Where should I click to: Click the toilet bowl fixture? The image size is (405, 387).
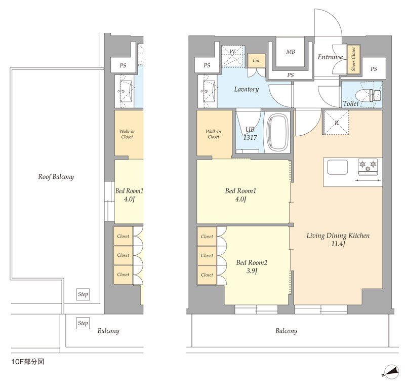369,95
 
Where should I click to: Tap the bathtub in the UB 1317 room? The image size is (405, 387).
277,132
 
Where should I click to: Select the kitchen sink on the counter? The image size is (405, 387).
337,167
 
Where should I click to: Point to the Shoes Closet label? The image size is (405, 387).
353,59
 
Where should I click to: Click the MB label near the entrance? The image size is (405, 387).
291,52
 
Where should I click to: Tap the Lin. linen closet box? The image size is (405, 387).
256,61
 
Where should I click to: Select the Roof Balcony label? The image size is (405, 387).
56,177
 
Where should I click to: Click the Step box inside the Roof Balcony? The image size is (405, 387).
83,294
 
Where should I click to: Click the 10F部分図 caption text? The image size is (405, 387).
28,362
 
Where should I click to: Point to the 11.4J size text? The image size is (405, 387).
338,244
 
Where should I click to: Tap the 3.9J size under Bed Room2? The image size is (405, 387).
251,271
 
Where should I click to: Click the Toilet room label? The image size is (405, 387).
351,104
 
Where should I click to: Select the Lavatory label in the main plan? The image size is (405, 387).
247,90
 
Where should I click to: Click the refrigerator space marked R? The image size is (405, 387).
336,123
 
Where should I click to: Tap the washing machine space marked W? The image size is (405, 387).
232,57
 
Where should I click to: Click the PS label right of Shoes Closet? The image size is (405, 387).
374,69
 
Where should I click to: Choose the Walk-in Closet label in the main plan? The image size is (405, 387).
213,134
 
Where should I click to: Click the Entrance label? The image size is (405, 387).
330,57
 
